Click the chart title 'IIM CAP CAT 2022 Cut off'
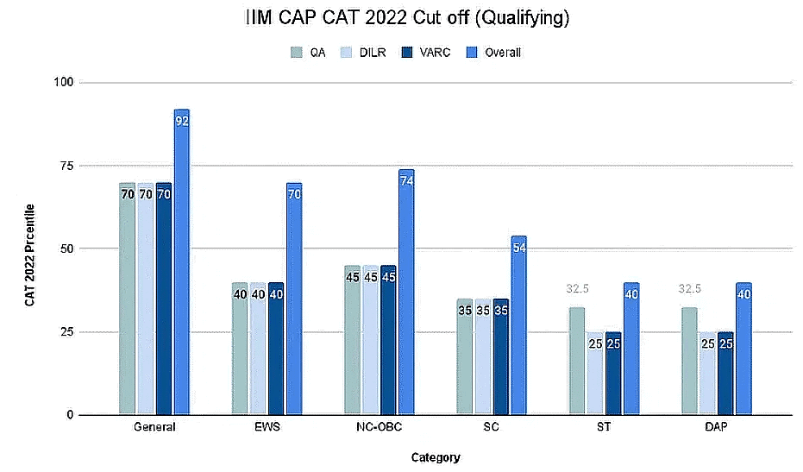[402, 18]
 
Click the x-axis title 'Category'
[436, 457]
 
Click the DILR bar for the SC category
[482, 357]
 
